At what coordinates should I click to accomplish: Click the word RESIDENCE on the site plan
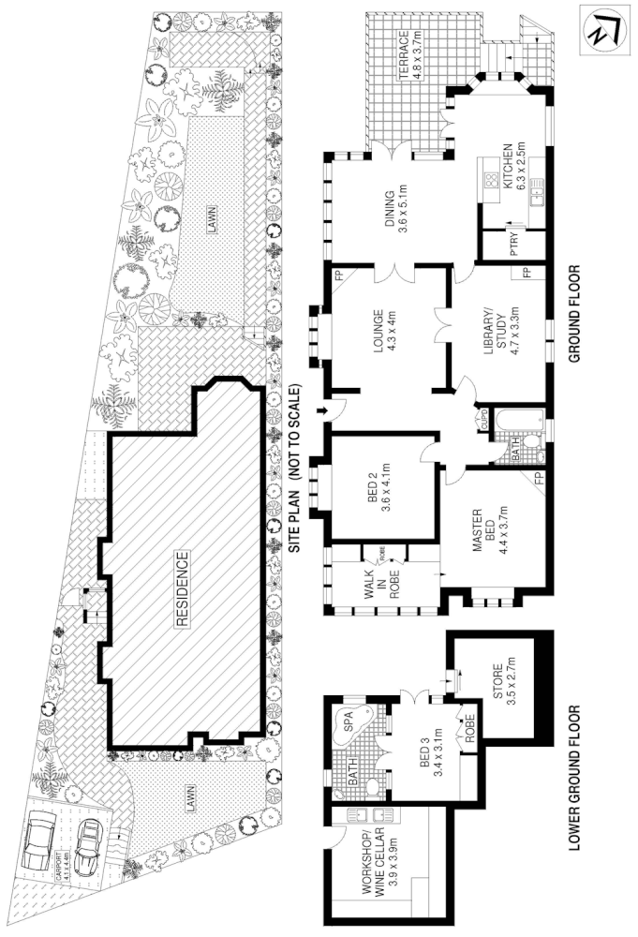click(x=184, y=588)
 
